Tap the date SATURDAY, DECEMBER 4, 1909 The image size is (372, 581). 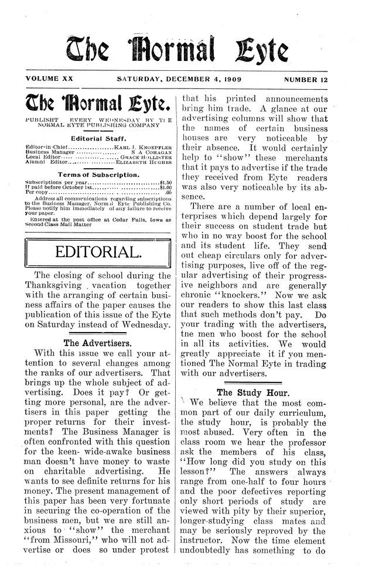pyautogui.click(x=183, y=78)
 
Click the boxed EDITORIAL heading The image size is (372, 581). pyautogui.click(x=97, y=252)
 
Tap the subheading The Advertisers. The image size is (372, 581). pyautogui.click(x=97, y=343)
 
